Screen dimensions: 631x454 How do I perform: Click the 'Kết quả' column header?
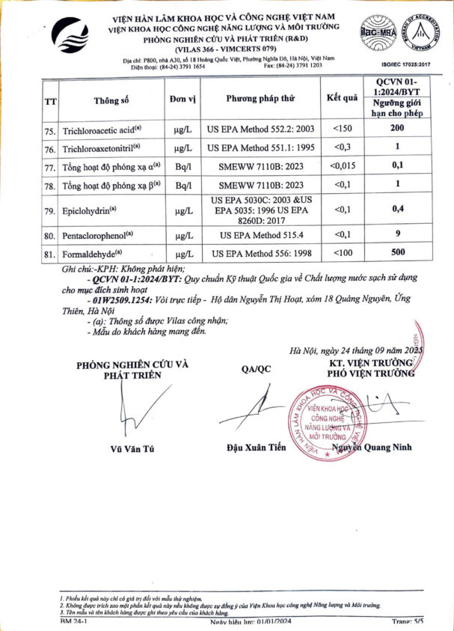pyautogui.click(x=343, y=98)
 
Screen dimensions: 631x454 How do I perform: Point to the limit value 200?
pyautogui.click(x=398, y=129)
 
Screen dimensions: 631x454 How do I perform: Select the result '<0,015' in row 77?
pyautogui.click(x=343, y=165)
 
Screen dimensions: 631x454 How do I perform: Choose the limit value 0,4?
pyautogui.click(x=398, y=209)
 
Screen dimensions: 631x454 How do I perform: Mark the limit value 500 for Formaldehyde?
pyautogui.click(x=398, y=253)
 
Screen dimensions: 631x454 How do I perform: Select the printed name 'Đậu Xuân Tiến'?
pyautogui.click(x=257, y=448)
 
